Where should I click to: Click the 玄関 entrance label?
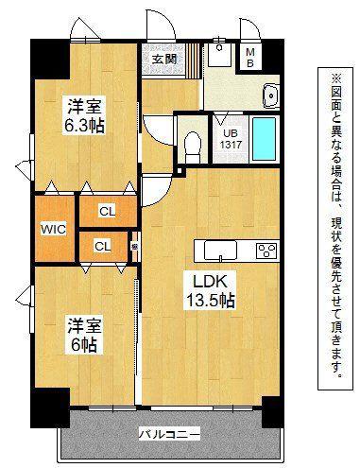click(x=163, y=59)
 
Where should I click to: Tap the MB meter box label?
click(x=250, y=58)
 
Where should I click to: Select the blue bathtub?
click(x=265, y=139)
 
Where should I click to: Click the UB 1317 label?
click(x=231, y=139)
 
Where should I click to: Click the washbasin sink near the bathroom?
click(x=271, y=95)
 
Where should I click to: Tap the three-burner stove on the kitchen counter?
click(x=267, y=251)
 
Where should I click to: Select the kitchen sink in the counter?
click(x=220, y=251)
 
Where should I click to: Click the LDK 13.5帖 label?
click(x=210, y=290)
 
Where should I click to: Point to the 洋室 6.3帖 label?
click(x=84, y=115)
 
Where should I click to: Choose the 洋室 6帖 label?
click(x=84, y=336)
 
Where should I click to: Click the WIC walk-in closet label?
click(x=54, y=229)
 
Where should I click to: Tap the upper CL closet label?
click(x=108, y=212)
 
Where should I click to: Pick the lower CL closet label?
click(x=103, y=246)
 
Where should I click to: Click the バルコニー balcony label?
click(x=169, y=435)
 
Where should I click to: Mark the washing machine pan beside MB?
click(x=219, y=55)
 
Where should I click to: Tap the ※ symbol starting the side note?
click(x=334, y=78)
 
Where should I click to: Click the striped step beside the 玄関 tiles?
click(x=193, y=61)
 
